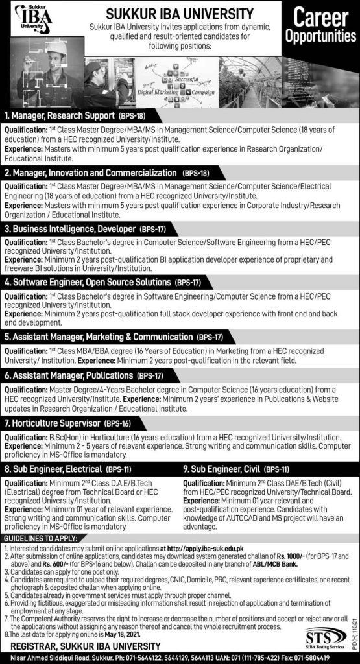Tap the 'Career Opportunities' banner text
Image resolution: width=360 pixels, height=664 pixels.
tap(318, 29)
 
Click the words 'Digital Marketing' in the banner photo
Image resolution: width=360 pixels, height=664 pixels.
tap(146, 93)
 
